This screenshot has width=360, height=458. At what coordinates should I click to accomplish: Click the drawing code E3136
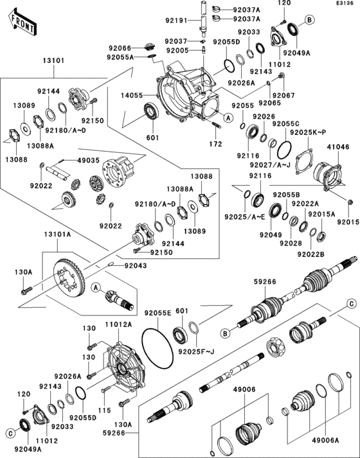[344, 4]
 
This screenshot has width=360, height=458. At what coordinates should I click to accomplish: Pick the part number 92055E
[157, 313]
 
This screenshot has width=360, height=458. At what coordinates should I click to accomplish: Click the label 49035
[88, 160]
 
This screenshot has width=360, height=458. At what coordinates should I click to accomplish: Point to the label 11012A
[118, 325]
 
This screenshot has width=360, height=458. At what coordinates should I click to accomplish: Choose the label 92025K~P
[308, 132]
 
